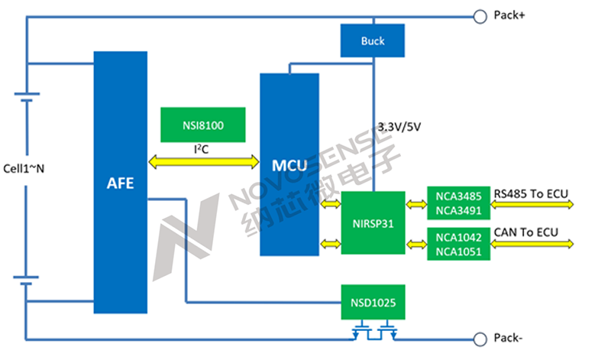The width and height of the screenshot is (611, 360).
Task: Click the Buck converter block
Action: [x=373, y=41]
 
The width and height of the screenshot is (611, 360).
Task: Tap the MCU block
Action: [x=289, y=164]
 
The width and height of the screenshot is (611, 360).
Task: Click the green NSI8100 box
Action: [x=203, y=122]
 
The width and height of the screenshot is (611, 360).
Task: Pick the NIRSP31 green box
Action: [x=373, y=222]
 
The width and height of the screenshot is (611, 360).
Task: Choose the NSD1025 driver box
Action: [x=373, y=303]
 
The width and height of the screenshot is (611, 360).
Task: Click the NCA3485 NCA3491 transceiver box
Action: [x=457, y=203]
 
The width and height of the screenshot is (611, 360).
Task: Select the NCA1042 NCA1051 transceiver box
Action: [x=457, y=244]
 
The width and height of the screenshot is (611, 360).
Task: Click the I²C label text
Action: [x=201, y=150]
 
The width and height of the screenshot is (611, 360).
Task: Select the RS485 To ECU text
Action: [x=532, y=192]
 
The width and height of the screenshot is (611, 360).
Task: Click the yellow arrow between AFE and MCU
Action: [x=203, y=162]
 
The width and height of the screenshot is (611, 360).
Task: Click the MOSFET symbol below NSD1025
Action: [x=373, y=332]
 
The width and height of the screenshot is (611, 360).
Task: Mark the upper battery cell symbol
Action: [x=27, y=100]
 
